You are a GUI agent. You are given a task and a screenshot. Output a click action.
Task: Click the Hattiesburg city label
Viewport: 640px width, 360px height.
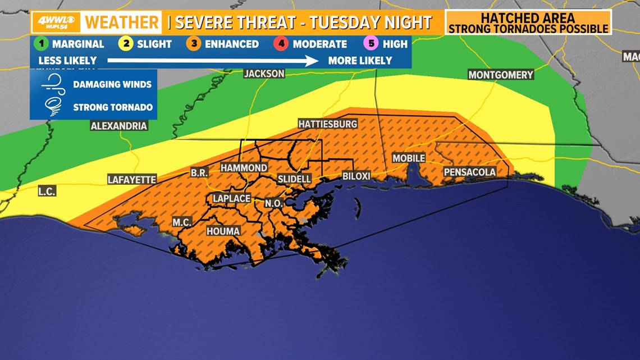pos(327,124)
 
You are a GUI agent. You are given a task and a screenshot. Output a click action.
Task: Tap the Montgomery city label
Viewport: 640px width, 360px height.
pos(501,75)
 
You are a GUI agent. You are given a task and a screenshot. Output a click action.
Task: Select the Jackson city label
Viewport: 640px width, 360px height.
pos(264,74)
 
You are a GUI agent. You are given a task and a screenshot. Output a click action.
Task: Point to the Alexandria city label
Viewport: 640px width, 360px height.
pos(119,126)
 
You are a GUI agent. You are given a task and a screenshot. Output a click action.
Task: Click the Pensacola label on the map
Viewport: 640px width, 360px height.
pos(470,172)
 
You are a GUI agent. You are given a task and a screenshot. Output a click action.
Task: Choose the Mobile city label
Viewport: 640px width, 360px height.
pos(408,158)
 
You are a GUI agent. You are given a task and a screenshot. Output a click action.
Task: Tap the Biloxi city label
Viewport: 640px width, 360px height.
pos(356,176)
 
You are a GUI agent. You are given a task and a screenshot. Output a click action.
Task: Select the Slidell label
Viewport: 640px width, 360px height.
pos(294,179)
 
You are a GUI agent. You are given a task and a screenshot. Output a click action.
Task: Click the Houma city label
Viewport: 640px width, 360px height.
pos(223,231)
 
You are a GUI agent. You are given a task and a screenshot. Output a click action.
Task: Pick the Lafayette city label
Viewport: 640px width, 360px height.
pos(132,180)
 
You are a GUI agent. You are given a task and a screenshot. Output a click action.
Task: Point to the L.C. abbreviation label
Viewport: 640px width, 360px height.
pos(47,192)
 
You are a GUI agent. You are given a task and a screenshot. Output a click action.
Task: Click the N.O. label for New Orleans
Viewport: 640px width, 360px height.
pos(274,203)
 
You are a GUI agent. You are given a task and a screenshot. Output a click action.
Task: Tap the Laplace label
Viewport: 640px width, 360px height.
pos(231,198)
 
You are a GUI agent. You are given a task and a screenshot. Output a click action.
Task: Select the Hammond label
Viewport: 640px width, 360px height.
pos(244,168)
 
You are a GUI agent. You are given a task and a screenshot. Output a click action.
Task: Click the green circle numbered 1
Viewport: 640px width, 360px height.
pos(41,44)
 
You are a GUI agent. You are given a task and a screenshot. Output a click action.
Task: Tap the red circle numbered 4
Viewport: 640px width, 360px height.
pos(282,44)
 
